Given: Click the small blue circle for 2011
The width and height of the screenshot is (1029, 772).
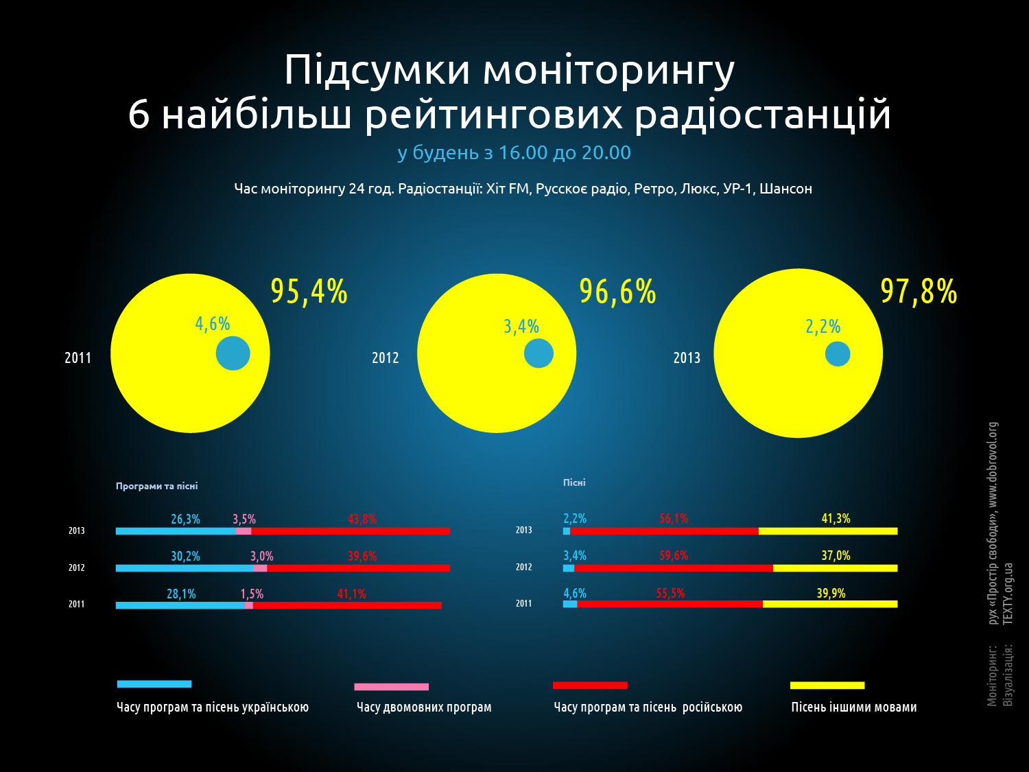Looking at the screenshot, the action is click(x=233, y=353).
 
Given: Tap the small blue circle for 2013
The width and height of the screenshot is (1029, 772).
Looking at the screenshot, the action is click(x=838, y=354).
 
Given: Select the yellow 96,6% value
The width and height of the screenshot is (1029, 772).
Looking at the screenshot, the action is click(x=618, y=292).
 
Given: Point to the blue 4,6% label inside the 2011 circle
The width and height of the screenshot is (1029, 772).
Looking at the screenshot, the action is click(x=213, y=324).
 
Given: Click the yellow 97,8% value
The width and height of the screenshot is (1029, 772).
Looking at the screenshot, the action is click(x=919, y=292).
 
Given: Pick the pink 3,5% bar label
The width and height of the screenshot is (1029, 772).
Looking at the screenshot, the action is click(x=244, y=519).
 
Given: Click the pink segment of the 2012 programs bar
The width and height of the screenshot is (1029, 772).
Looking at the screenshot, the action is click(x=260, y=568).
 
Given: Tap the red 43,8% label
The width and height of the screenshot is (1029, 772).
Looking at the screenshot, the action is click(x=362, y=519).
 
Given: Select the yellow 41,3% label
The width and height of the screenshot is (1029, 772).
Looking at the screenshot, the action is click(x=836, y=518).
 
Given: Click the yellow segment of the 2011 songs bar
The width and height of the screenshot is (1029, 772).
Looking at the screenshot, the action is click(x=830, y=604).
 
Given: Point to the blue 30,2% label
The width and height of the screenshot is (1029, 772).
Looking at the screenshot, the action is click(x=186, y=557).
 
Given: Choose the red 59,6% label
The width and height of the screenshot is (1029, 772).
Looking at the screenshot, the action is click(x=674, y=556).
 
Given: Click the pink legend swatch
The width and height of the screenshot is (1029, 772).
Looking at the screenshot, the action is click(x=392, y=687).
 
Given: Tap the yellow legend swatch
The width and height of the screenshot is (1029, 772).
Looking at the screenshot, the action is click(x=827, y=686).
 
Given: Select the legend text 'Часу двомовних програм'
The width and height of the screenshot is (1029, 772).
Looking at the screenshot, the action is click(x=424, y=707).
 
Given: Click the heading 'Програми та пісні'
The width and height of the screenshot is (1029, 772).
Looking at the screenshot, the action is click(x=157, y=486).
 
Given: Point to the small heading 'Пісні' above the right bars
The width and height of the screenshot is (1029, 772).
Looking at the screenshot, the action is click(x=574, y=482).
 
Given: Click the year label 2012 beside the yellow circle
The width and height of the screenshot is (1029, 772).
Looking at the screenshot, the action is click(x=386, y=358).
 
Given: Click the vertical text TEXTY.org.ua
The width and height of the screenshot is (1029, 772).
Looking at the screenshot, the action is click(x=1008, y=594).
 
